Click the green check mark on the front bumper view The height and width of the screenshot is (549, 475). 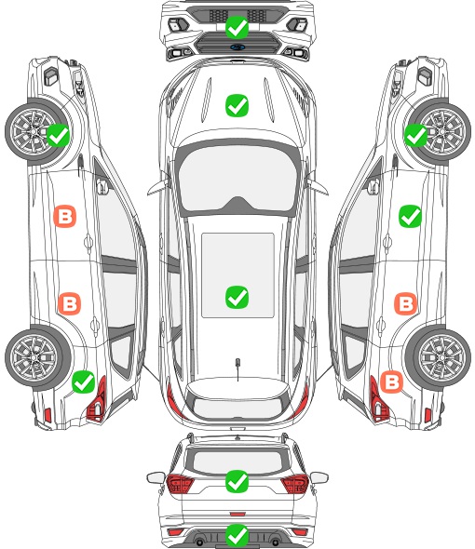tap(237, 27)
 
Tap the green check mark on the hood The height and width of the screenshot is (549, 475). tap(237, 105)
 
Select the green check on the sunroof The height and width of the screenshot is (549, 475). tap(237, 297)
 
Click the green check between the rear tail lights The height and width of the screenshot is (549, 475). tap(237, 481)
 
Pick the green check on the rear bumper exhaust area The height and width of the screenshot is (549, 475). tap(237, 535)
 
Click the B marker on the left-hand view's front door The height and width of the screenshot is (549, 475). tap(65, 217)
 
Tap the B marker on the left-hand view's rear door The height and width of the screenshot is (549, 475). tap(70, 303)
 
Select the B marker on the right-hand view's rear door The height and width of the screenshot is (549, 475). tap(406, 303)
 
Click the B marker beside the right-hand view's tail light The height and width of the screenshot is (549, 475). tap(391, 382)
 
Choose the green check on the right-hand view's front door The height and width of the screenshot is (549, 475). tap(410, 217)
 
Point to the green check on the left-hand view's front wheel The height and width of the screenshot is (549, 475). tap(58, 135)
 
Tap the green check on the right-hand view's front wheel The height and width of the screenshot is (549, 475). tap(416, 135)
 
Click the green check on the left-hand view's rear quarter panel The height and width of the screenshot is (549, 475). tap(84, 382)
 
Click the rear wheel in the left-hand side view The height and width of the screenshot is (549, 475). tap(34, 357)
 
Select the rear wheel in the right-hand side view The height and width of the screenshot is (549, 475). tap(441, 357)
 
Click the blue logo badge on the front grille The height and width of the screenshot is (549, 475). tap(237, 47)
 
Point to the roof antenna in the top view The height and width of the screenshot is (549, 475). tap(237, 368)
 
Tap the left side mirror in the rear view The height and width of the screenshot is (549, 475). tap(156, 477)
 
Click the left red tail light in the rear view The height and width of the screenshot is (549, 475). tap(180, 484)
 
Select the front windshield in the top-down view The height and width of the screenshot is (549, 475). tap(237, 179)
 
